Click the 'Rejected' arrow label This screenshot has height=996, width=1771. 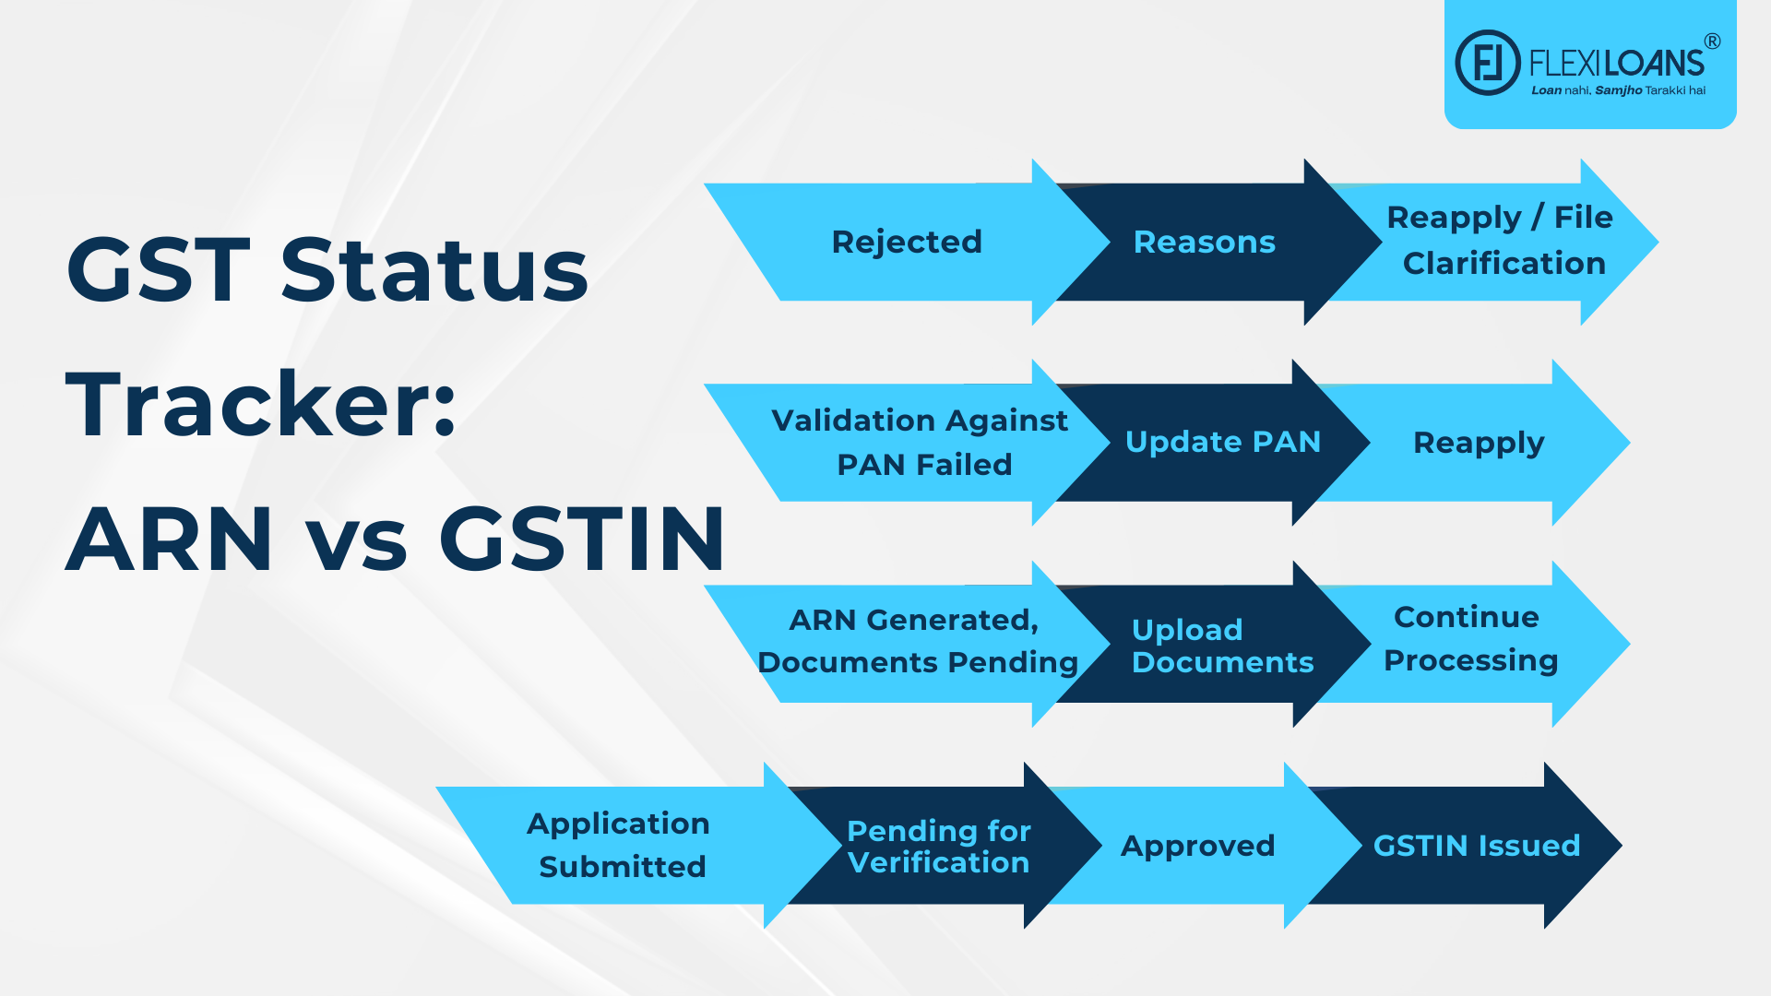tap(907, 242)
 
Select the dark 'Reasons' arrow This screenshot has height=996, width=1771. tap(1204, 242)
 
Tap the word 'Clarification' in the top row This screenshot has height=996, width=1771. tap(1504, 264)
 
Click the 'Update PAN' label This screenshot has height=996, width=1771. tap(1222, 442)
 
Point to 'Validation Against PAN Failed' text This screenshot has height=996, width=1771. tap(921, 442)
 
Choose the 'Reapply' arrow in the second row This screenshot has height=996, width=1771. tap(1478, 443)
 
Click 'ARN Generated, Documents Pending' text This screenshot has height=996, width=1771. tap(917, 641)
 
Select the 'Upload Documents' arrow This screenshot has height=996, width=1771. tap(1221, 646)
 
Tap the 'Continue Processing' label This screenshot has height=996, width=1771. tap(1470, 638)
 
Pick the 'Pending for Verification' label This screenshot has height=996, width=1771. tap(938, 846)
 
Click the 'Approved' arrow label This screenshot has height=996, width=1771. tap(1197, 846)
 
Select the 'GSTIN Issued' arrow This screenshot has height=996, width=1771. tap(1476, 846)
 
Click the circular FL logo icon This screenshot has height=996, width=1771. tap(1487, 63)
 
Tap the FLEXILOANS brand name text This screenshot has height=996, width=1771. tap(1616, 63)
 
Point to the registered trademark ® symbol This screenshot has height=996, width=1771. tap(1712, 41)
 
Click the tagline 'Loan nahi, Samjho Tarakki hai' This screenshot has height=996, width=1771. tap(1618, 90)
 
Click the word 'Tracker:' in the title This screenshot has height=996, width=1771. tap(261, 404)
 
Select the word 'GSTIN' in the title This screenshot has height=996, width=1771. tap(582, 539)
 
